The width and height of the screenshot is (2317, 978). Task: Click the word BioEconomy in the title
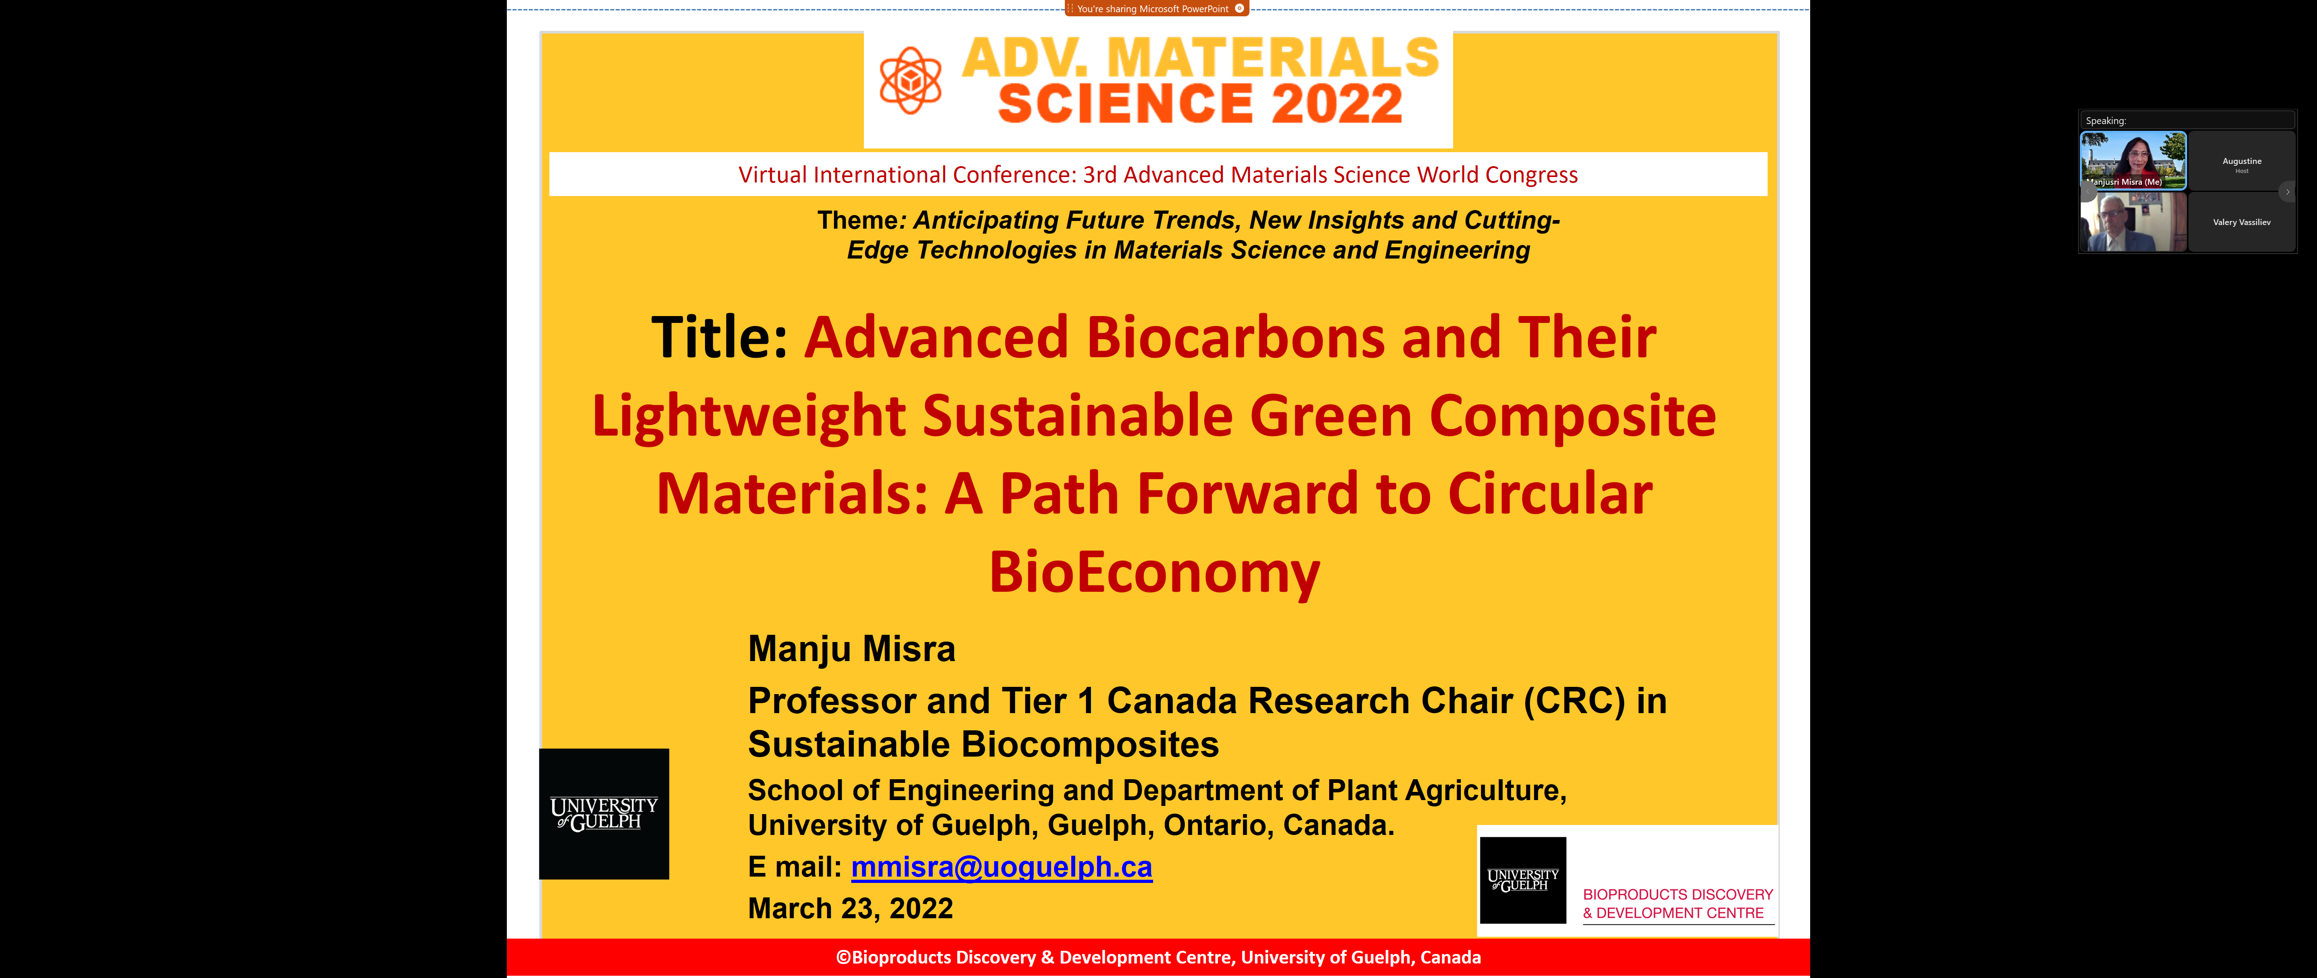pyautogui.click(x=1155, y=572)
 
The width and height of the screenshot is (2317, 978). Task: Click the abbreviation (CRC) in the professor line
pyautogui.click(x=1574, y=701)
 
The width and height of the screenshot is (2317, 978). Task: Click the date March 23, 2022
pyautogui.click(x=850, y=909)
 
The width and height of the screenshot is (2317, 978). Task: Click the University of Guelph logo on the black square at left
pyautogui.click(x=604, y=813)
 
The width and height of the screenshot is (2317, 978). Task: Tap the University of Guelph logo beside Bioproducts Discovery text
pyautogui.click(x=1523, y=880)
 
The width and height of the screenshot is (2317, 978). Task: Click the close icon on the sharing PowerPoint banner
pyautogui.click(x=1240, y=8)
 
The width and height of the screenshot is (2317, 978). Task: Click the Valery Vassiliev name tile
pyautogui.click(x=2241, y=222)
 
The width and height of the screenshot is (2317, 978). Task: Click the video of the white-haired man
pyautogui.click(x=2134, y=222)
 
